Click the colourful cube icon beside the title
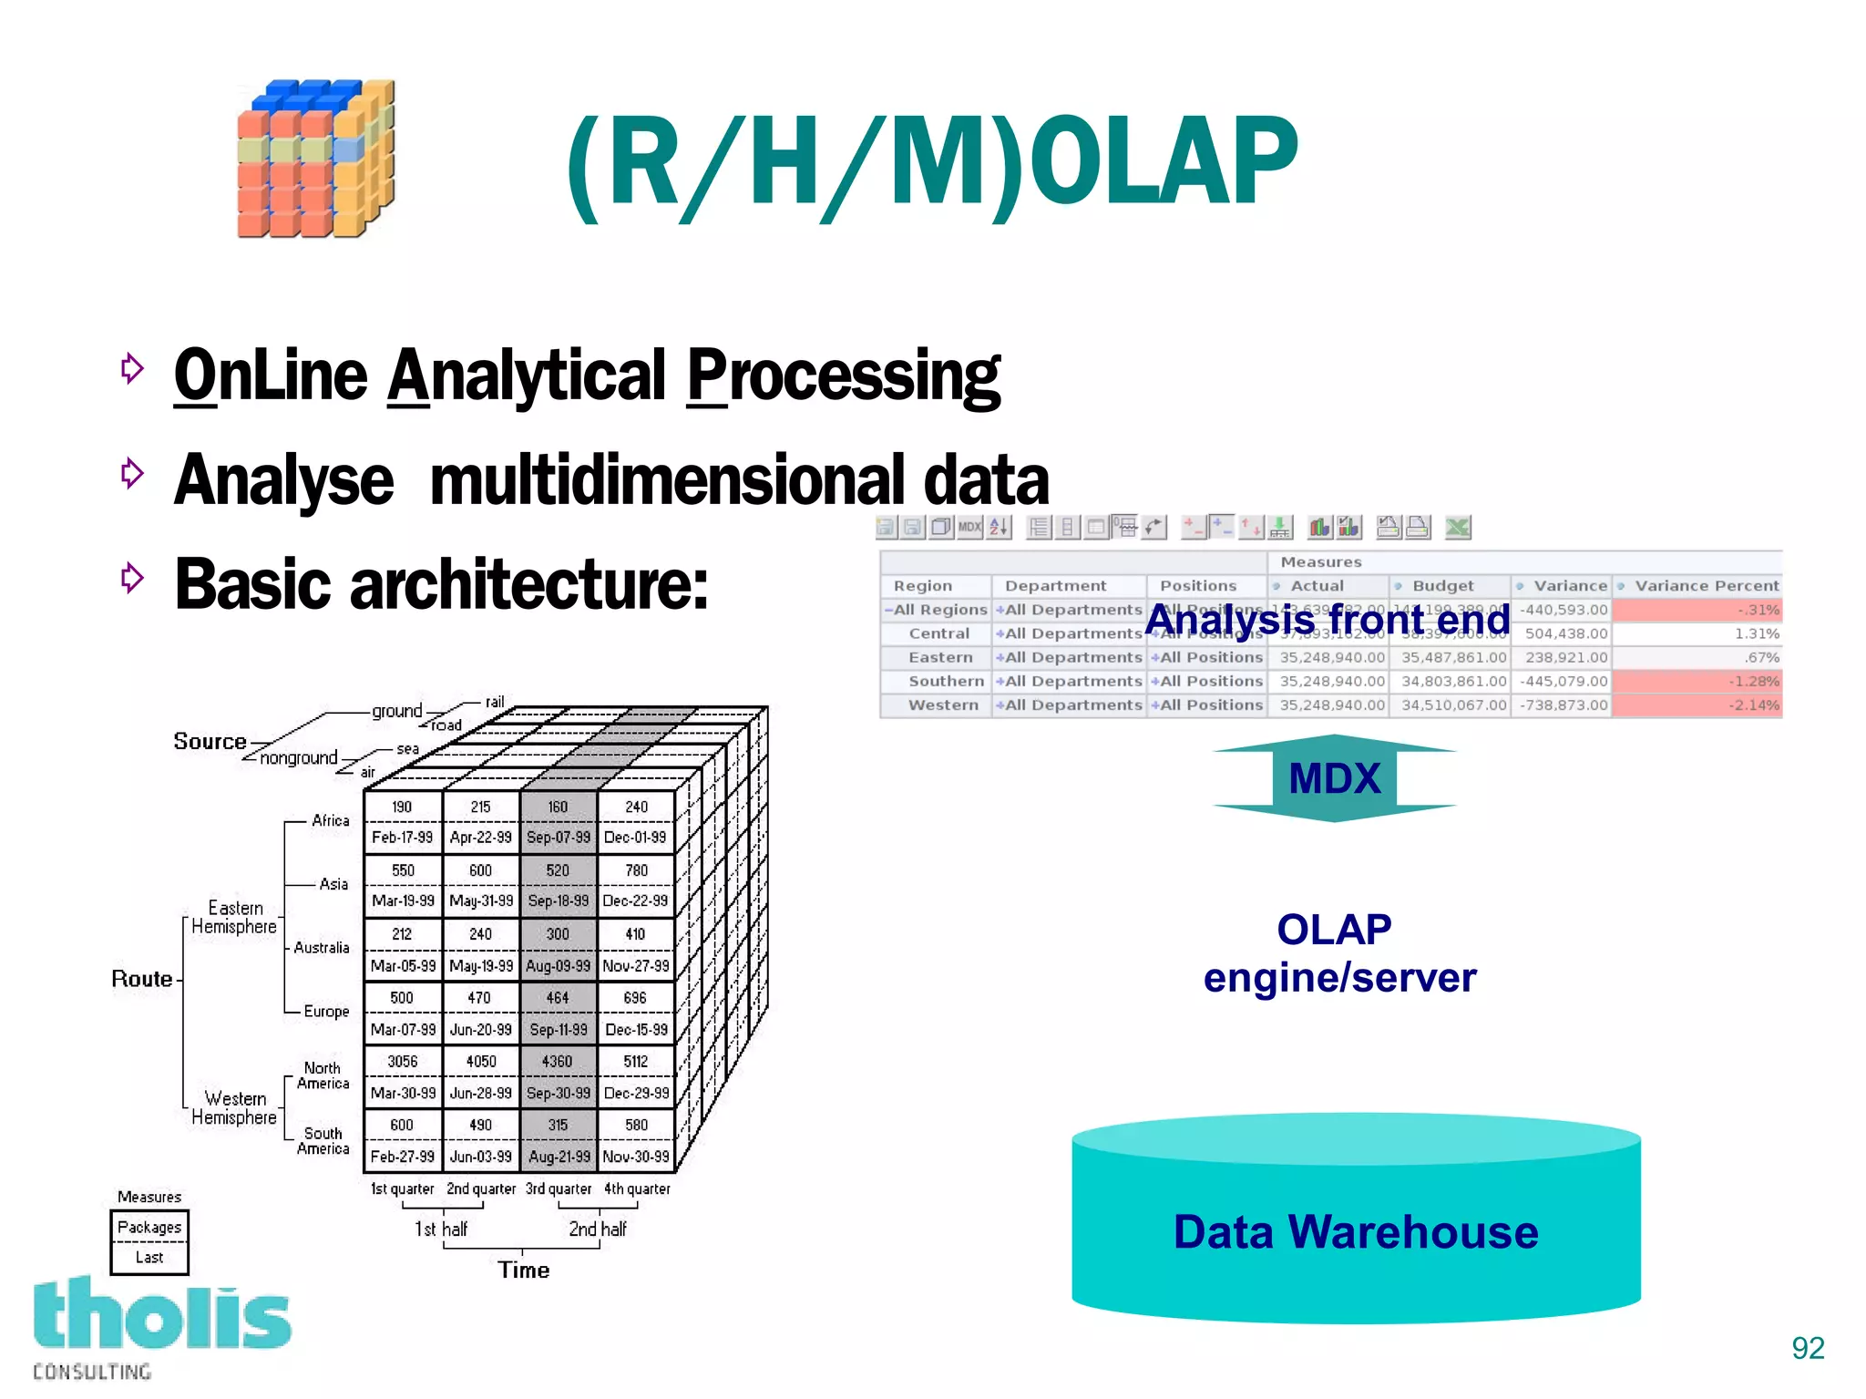point(316,159)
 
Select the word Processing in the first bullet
point(843,375)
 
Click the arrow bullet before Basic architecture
point(133,577)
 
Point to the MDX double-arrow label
point(1334,778)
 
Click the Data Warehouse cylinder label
point(1355,1231)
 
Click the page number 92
point(1807,1347)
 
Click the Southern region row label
point(946,681)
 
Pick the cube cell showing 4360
point(557,1062)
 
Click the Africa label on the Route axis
point(330,820)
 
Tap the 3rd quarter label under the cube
point(558,1188)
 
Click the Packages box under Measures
point(149,1227)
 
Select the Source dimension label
point(210,741)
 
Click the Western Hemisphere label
point(234,1107)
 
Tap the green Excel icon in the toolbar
point(1457,527)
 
